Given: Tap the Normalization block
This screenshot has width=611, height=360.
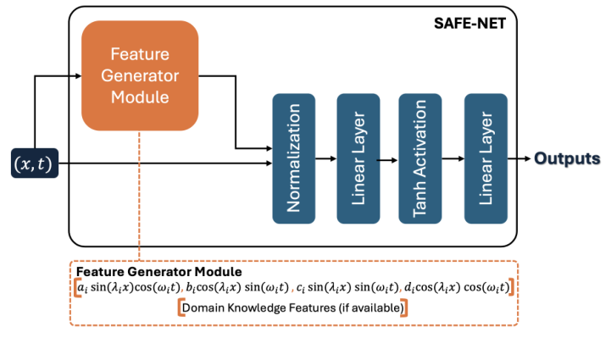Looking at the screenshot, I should click(x=293, y=158).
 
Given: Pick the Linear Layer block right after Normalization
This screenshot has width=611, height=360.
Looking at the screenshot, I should click(x=358, y=158).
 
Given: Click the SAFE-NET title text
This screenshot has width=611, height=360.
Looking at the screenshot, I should click(x=469, y=23).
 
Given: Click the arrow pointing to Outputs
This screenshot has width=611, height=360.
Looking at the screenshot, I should click(x=518, y=159).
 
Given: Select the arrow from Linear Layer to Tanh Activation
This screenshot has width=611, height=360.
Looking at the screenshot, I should click(x=389, y=159).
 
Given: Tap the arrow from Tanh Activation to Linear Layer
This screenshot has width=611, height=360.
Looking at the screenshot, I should click(x=453, y=159).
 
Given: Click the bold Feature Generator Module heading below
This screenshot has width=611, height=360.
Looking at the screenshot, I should click(x=159, y=272).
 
